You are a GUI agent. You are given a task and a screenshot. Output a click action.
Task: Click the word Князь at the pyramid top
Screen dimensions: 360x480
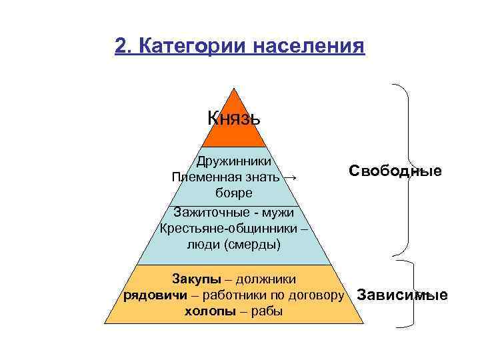tap(233, 118)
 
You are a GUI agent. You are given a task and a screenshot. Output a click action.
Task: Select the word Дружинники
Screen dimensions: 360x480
tap(233, 161)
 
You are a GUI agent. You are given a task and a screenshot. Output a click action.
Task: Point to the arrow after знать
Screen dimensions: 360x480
tap(289, 177)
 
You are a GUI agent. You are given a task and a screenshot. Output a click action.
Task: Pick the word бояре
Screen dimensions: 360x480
tap(233, 193)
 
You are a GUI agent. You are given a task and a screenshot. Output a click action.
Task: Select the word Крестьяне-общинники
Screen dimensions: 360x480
tap(225, 229)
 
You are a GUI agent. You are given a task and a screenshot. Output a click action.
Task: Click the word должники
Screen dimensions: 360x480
tap(260, 279)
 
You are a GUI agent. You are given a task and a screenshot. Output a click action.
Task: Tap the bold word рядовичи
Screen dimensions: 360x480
tap(155, 295)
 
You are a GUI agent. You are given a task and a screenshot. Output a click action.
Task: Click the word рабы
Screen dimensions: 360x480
tap(267, 311)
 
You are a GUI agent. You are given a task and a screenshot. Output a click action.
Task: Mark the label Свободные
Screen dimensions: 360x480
tap(395, 171)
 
